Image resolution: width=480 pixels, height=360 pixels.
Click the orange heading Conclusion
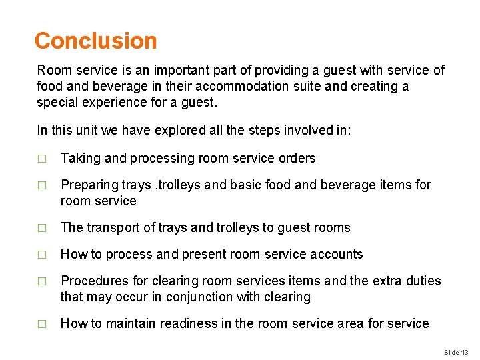pyautogui.click(x=95, y=41)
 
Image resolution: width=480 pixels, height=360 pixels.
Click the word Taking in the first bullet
pyautogui.click(x=79, y=159)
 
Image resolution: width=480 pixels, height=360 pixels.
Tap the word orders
pyautogui.click(x=296, y=159)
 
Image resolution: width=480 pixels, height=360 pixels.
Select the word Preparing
pyautogui.click(x=89, y=185)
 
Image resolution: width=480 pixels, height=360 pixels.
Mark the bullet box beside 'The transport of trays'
pyautogui.click(x=42, y=228)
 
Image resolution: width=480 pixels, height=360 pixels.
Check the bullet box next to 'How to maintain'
pyautogui.click(x=42, y=324)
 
